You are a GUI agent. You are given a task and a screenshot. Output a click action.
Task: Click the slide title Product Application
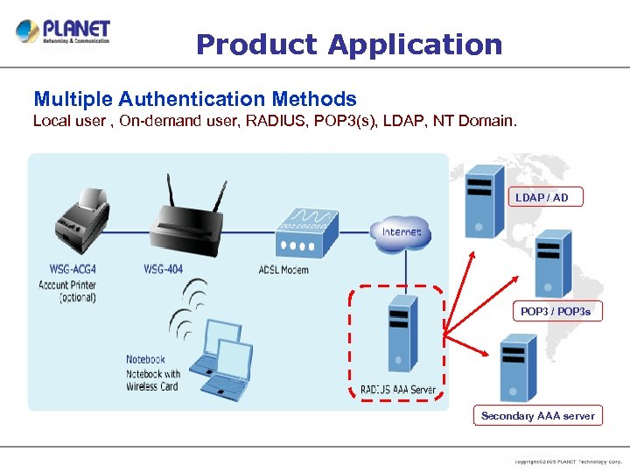[349, 44]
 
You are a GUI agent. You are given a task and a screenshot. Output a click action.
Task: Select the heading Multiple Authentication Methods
[194, 99]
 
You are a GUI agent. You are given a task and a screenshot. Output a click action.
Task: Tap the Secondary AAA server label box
[537, 416]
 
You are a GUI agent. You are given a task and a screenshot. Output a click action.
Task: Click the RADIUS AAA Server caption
[398, 390]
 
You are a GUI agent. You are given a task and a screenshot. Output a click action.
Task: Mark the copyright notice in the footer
[567, 461]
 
